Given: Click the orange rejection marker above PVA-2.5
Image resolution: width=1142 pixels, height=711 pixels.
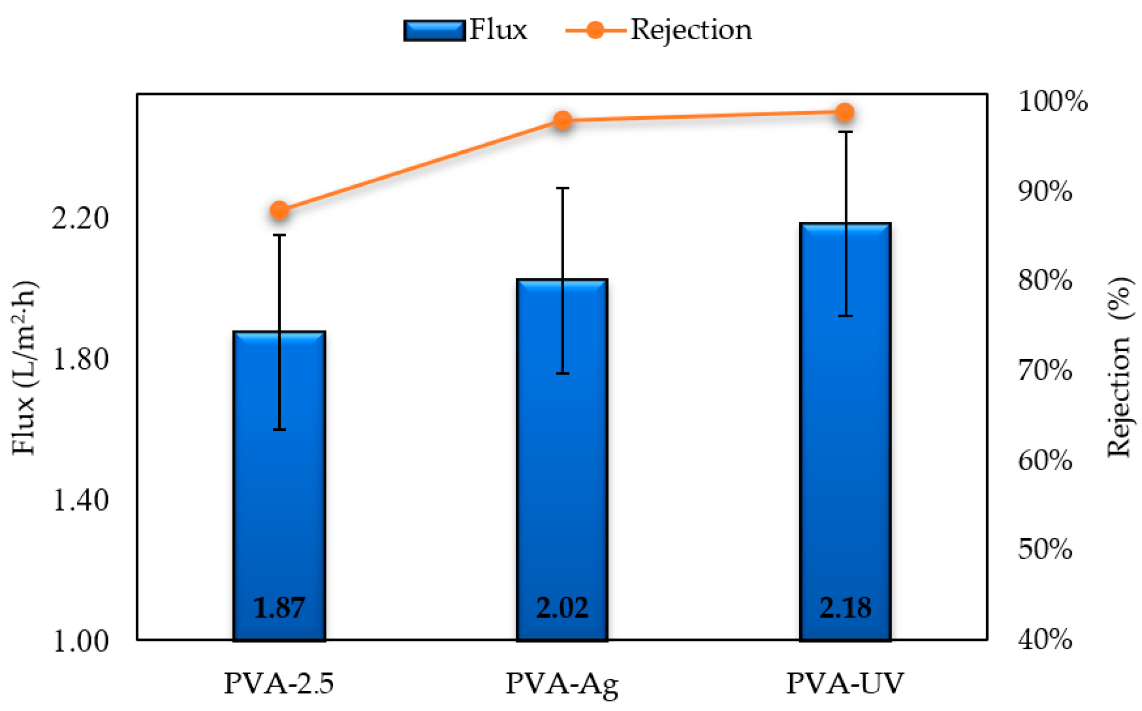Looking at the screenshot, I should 280,211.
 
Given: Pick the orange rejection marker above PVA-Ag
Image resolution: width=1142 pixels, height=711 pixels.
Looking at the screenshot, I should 563,120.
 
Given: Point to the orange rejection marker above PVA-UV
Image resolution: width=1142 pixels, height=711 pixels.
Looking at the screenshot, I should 845,112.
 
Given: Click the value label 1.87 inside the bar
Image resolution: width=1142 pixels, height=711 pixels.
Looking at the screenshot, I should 279,608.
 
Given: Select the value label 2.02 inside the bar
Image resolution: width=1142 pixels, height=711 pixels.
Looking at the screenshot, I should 562,608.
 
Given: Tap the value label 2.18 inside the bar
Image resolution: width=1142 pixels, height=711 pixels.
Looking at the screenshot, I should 845,608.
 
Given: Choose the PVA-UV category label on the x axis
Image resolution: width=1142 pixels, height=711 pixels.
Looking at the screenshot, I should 845,683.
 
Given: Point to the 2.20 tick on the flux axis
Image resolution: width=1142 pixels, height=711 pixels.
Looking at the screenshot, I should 80,218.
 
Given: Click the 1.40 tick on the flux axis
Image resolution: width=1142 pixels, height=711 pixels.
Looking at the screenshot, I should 80,500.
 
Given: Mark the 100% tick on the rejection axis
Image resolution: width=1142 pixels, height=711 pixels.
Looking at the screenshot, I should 1052,101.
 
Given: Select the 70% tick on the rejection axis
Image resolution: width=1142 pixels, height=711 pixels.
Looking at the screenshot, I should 1045,370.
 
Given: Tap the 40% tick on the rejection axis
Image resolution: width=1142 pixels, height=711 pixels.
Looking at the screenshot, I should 1045,640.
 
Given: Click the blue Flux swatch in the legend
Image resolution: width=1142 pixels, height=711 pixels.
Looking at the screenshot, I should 434,30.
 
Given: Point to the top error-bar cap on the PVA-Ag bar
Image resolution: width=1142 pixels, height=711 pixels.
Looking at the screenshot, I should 563,188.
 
